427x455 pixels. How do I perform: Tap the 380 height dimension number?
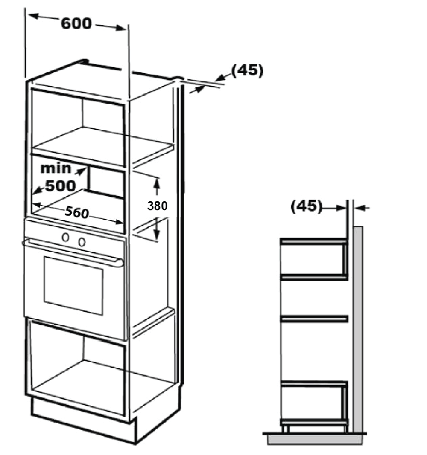pyautogui.click(x=157, y=206)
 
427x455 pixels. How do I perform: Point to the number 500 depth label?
pyautogui.click(x=60, y=185)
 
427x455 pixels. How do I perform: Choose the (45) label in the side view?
pyautogui.click(x=305, y=206)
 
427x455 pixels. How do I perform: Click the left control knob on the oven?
pyautogui.click(x=66, y=238)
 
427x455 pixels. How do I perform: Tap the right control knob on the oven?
pyautogui.click(x=82, y=242)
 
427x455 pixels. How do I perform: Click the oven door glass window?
pyautogui.click(x=73, y=285)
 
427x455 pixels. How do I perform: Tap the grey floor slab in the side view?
pyautogui.click(x=315, y=439)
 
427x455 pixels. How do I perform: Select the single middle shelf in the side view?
pyautogui.click(x=314, y=319)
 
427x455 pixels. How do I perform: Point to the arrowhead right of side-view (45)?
pyautogui.click(x=359, y=208)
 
